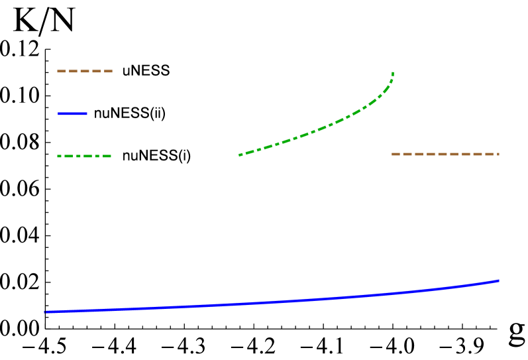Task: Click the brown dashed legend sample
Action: [85, 71]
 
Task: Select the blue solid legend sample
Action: [72, 113]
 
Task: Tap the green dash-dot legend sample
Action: [84, 156]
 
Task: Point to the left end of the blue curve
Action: [45, 312]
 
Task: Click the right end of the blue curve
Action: [498, 280]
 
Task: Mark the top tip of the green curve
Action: [393, 73]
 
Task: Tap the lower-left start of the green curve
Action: [240, 155]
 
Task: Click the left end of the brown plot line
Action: [393, 154]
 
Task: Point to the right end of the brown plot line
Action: [498, 154]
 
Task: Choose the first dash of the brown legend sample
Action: [61, 71]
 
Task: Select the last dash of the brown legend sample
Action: [109, 71]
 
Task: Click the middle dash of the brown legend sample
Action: [85, 71]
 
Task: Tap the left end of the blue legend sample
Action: [59, 113]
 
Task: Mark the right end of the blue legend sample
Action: [86, 113]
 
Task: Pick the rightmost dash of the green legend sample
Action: [107, 156]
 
